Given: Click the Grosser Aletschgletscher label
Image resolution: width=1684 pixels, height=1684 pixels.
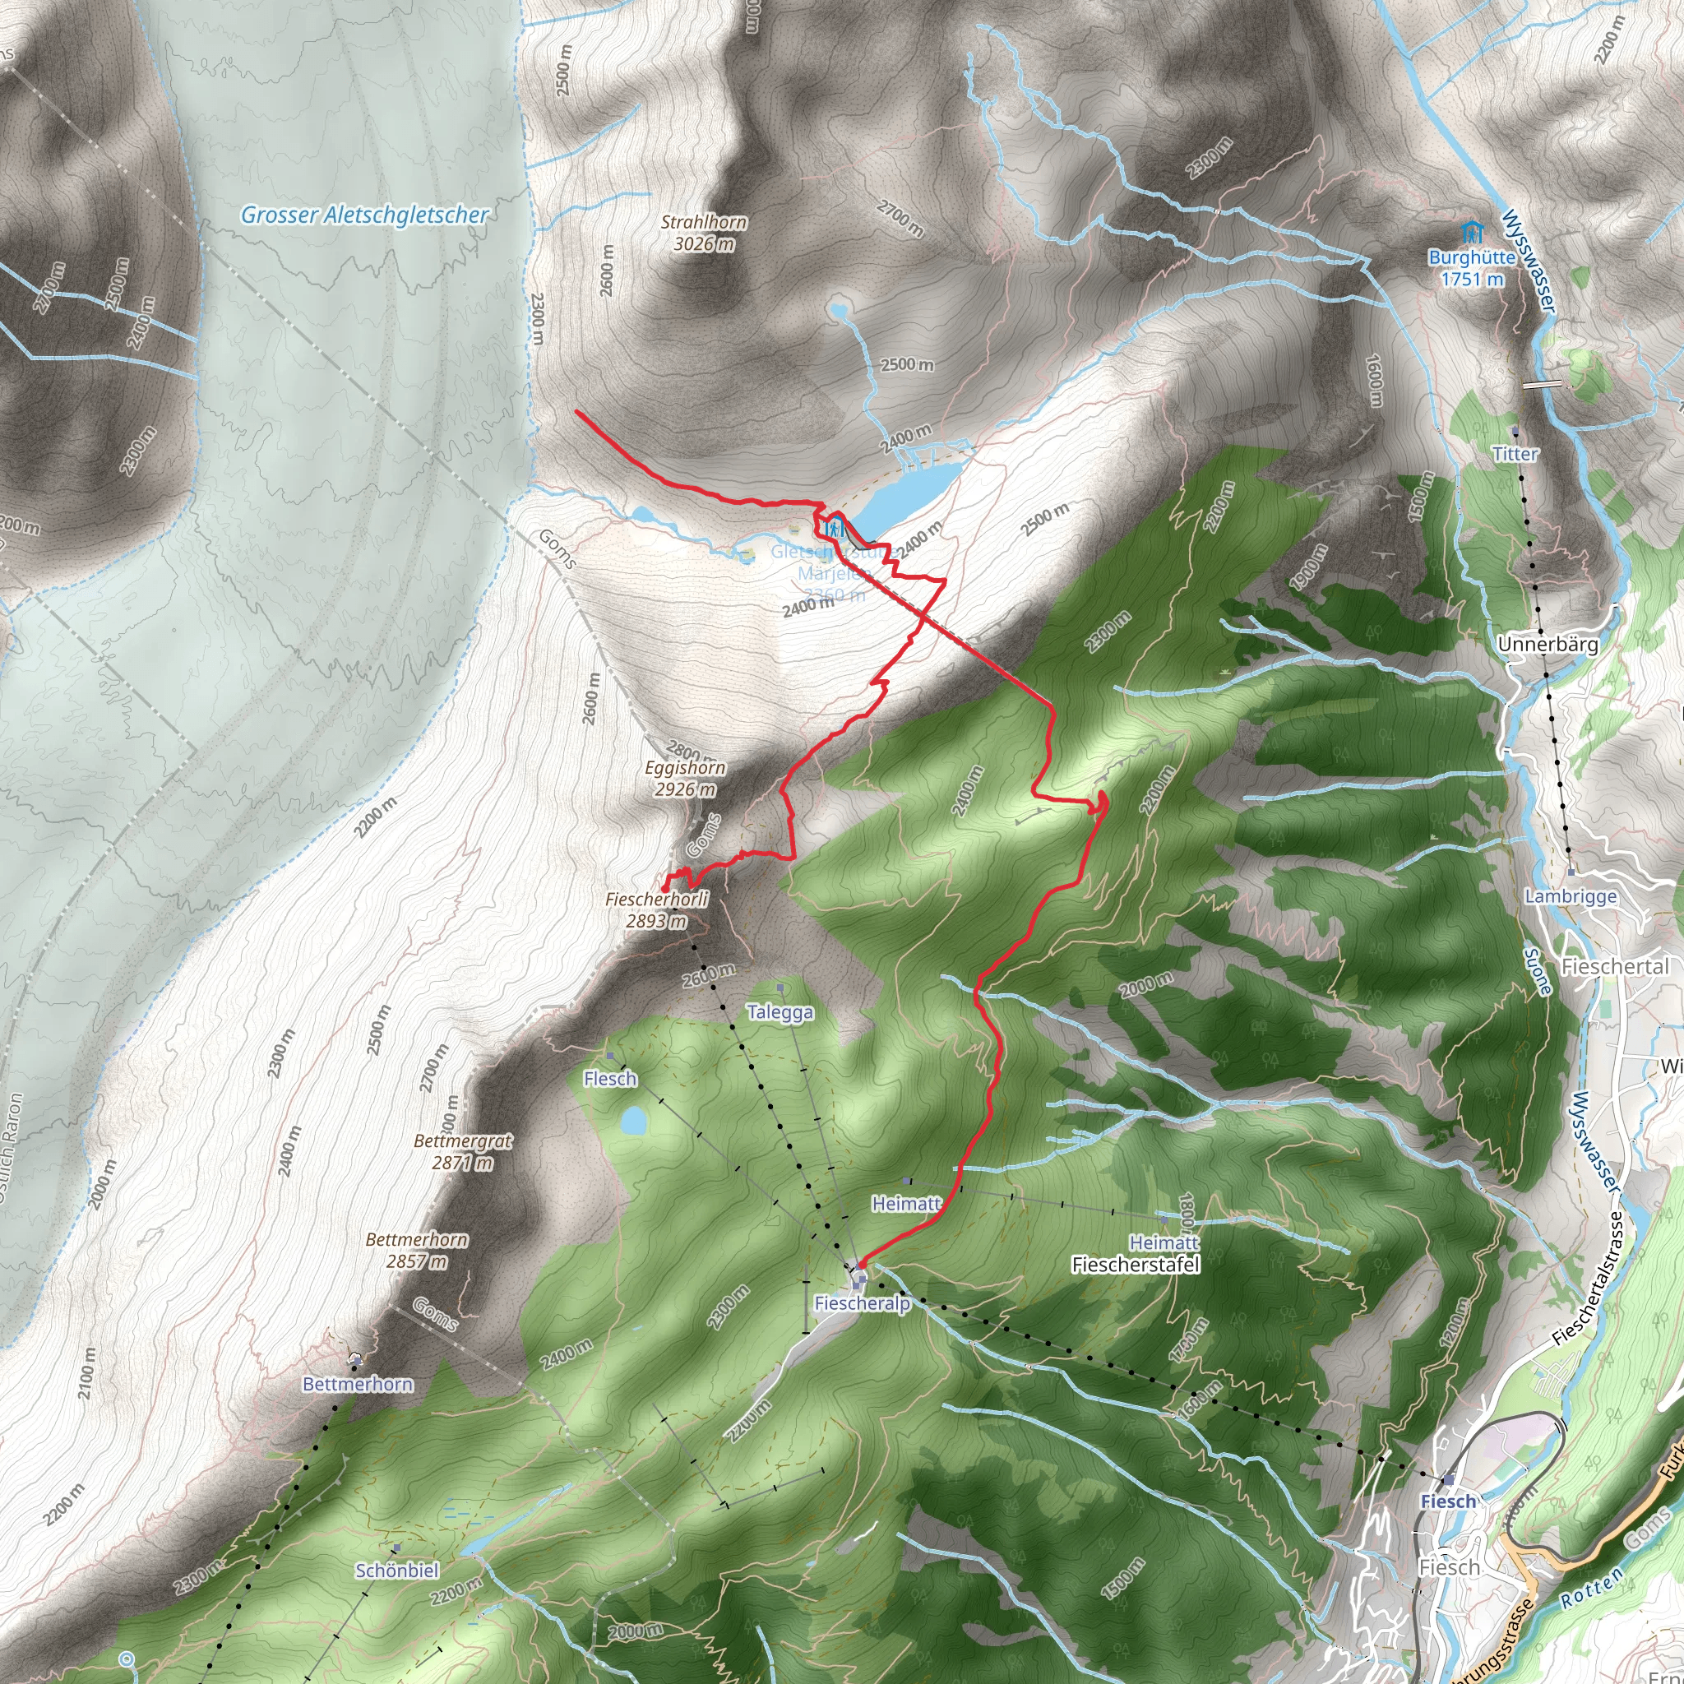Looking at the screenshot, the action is click(x=364, y=215).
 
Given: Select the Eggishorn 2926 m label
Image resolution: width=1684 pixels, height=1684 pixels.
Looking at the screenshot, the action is click(x=685, y=779).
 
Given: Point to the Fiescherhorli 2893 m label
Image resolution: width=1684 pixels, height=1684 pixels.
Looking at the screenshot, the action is click(x=656, y=910).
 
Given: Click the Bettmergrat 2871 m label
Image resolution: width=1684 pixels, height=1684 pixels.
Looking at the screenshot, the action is click(x=463, y=1151).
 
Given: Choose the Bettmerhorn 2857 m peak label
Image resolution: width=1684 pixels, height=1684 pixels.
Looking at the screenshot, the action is click(x=417, y=1250).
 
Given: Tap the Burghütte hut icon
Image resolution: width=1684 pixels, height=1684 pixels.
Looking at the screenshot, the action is click(x=1471, y=233).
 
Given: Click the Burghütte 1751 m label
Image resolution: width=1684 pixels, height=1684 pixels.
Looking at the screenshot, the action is click(x=1471, y=268).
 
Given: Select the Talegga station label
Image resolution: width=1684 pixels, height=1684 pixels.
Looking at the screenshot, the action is click(x=780, y=1013).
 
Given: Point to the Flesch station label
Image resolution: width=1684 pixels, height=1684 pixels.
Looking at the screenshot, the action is click(x=610, y=1079).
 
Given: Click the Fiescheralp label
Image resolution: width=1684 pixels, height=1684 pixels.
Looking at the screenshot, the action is click(x=862, y=1303).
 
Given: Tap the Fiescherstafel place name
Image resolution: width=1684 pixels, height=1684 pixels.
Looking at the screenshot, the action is click(x=1136, y=1265).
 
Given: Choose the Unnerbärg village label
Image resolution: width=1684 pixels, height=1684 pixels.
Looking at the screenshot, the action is click(x=1548, y=645).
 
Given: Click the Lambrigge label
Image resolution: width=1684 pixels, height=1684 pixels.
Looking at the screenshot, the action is click(x=1571, y=897).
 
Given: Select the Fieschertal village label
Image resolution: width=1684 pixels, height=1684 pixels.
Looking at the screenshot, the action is click(x=1615, y=967).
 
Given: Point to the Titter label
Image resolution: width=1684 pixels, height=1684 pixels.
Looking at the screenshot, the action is click(x=1515, y=454).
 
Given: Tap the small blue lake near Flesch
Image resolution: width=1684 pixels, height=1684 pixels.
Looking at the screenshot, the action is click(x=634, y=1121).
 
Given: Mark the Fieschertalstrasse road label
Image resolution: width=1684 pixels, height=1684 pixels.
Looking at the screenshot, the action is click(x=1592, y=1279).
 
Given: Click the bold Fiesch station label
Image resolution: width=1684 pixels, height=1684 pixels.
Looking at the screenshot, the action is click(x=1448, y=1501).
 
